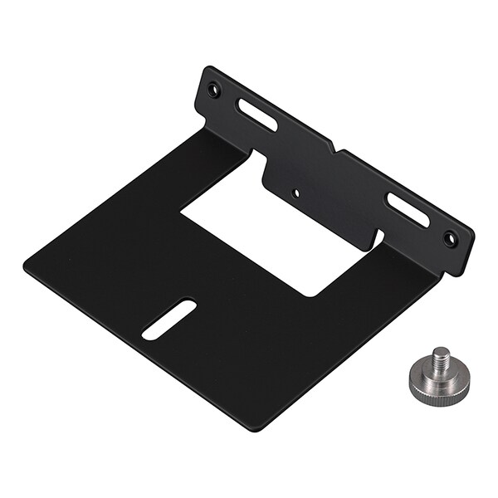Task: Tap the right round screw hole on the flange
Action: pos(450,239)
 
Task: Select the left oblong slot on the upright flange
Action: pos(259,115)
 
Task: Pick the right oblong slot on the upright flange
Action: pos(407,211)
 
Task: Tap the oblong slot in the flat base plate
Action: pos(169,319)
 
